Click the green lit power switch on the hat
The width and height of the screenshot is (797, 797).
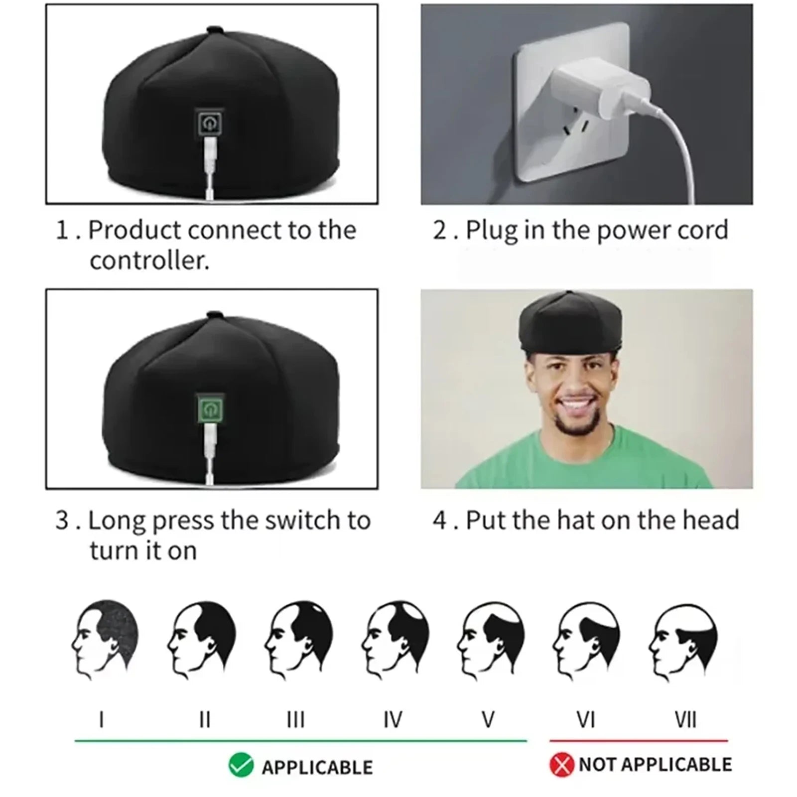(210, 409)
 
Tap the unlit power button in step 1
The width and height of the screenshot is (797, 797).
(210, 122)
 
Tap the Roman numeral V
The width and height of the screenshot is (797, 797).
(488, 720)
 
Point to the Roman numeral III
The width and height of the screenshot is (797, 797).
(296, 720)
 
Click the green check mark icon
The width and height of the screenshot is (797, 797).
(241, 766)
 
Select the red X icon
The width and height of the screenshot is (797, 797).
(562, 765)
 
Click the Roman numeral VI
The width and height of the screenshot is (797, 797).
(586, 720)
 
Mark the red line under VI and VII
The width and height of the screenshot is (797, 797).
(639, 741)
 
